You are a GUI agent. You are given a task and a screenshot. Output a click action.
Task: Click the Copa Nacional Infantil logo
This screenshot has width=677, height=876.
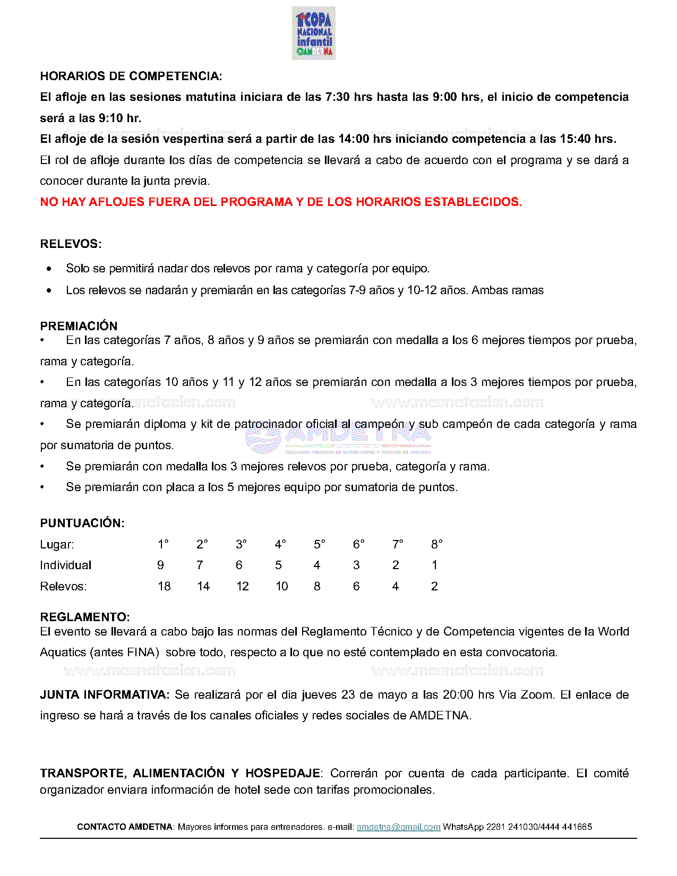click(x=313, y=33)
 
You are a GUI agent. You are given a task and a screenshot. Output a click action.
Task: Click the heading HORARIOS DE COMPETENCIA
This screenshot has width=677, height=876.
click(x=131, y=76)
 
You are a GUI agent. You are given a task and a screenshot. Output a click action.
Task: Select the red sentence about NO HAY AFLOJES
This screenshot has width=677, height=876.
click(x=281, y=202)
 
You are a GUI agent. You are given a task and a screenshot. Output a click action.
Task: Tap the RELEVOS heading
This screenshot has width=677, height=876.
click(x=71, y=244)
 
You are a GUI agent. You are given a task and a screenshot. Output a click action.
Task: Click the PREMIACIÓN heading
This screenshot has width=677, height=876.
click(x=79, y=326)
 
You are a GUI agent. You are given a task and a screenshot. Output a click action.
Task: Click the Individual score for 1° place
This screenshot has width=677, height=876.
click(x=160, y=565)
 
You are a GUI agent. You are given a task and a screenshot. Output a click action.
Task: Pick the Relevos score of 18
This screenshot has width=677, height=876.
click(x=164, y=587)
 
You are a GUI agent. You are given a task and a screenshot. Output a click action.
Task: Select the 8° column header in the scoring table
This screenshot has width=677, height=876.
click(x=436, y=545)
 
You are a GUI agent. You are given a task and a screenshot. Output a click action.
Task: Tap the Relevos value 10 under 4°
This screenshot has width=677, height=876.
click(x=281, y=587)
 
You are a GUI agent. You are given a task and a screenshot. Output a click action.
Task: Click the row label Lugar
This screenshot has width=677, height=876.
click(x=57, y=545)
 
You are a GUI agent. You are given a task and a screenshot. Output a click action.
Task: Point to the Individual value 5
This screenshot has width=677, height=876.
click(x=278, y=565)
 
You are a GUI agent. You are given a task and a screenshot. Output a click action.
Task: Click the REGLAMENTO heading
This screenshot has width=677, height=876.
click(x=84, y=617)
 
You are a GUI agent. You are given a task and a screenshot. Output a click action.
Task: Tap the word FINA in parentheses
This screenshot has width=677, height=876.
click(x=141, y=652)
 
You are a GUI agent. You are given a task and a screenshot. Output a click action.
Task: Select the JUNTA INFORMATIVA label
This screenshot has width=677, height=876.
click(x=105, y=695)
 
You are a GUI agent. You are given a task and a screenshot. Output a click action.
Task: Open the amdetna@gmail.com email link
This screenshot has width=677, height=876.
click(x=398, y=827)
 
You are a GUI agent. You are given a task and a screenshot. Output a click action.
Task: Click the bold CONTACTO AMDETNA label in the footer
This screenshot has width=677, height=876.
click(x=125, y=827)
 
